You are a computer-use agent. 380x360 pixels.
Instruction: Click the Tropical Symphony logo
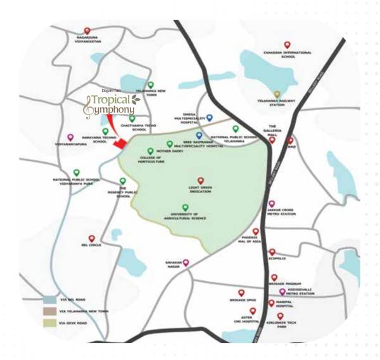point(112,104)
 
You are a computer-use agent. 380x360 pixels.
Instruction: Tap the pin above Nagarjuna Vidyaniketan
point(87,30)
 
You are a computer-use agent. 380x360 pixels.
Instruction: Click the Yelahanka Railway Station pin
point(277,94)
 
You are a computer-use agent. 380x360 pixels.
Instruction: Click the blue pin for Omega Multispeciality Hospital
point(210,118)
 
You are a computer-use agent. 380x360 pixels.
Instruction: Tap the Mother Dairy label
point(173,152)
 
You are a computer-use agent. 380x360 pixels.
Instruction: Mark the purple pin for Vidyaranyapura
point(70,137)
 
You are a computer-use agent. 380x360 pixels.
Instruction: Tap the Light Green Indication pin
point(201,180)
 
